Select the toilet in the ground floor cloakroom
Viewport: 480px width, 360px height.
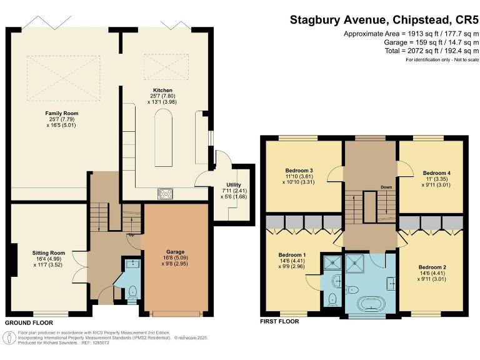[132, 291]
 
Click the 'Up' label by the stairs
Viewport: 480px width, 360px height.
[132, 235]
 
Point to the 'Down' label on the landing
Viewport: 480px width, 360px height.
[386, 187]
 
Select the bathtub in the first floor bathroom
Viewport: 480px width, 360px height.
[370, 306]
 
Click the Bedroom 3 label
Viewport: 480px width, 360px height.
[299, 171]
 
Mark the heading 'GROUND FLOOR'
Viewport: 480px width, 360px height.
[29, 322]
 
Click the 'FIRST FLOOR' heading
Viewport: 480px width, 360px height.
[279, 322]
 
